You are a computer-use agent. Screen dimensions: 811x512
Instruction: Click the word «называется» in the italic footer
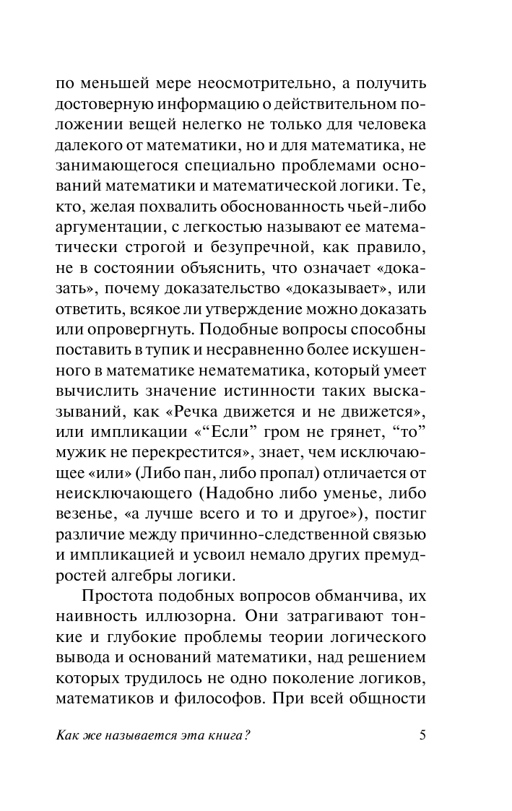pos(130,736)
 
